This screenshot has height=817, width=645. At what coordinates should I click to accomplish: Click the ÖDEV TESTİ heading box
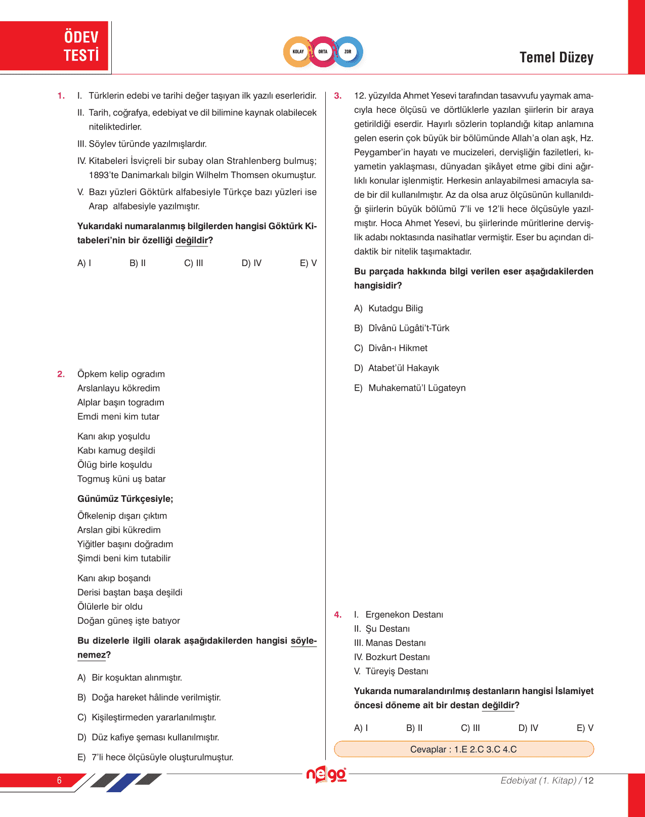(55, 46)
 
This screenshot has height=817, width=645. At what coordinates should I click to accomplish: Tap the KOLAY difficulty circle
(298, 52)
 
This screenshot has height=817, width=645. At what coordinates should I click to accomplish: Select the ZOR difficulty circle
(348, 52)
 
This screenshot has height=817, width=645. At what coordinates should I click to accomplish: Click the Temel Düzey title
(556, 58)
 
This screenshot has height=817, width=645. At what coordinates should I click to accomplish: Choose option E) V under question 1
(308, 263)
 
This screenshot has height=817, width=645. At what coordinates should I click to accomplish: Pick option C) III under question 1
(193, 263)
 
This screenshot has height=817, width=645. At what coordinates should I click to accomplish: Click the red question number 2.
(61, 374)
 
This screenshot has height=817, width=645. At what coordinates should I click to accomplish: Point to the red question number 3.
(338, 96)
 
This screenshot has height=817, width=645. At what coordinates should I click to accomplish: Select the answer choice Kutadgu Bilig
(395, 309)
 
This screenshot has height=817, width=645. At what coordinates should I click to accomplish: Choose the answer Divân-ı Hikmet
(398, 348)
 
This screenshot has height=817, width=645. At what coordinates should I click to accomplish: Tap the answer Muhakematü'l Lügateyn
(416, 388)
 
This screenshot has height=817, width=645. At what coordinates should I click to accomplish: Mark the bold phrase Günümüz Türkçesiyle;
(125, 499)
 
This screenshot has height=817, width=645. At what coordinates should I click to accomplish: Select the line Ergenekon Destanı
(404, 615)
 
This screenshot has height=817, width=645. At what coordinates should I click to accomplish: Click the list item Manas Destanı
(395, 643)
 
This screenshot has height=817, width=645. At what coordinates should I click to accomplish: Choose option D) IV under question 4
(528, 728)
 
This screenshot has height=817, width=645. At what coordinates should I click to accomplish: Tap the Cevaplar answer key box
(463, 749)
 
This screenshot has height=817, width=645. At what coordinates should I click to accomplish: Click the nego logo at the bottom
(326, 775)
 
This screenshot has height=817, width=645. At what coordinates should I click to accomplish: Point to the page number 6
(59, 780)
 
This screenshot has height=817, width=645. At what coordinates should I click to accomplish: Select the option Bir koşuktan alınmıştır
(137, 678)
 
